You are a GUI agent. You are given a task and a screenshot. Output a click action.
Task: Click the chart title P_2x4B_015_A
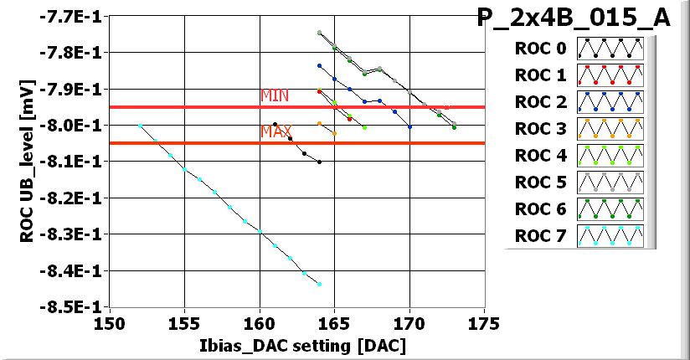573,18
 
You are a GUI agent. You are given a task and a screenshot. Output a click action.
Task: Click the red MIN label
275,96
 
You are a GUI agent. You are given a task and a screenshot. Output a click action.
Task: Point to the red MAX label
275,132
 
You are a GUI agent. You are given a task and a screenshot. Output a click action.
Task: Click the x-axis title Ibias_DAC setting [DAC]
297,345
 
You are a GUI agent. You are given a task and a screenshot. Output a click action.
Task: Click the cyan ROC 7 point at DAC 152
140,126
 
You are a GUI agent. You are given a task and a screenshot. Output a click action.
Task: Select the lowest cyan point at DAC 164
319,285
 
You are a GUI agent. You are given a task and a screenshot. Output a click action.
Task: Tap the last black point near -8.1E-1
319,162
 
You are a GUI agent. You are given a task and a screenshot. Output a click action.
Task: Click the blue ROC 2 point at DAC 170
409,126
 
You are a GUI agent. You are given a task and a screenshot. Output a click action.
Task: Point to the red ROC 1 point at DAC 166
349,119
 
